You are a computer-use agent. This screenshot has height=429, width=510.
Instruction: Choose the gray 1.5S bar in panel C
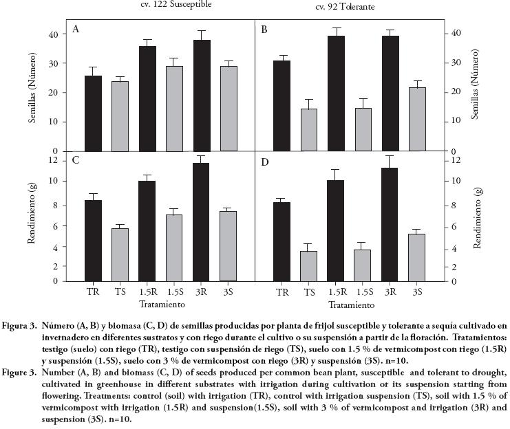pyautogui.click(x=175, y=247)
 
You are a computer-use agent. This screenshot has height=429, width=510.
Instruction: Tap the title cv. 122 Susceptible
pyautogui.click(x=172, y=4)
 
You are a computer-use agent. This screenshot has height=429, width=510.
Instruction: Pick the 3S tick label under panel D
pyautogui.click(x=416, y=292)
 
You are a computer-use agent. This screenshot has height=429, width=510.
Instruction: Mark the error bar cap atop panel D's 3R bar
pyautogui.click(x=390, y=156)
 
